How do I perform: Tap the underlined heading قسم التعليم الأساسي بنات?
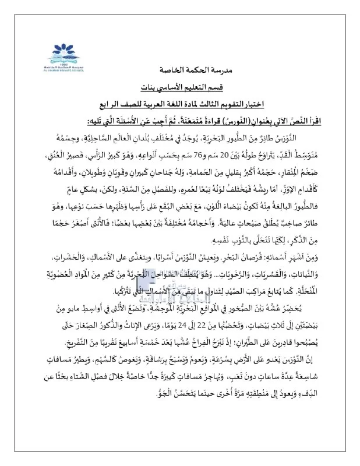tap(180, 87)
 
